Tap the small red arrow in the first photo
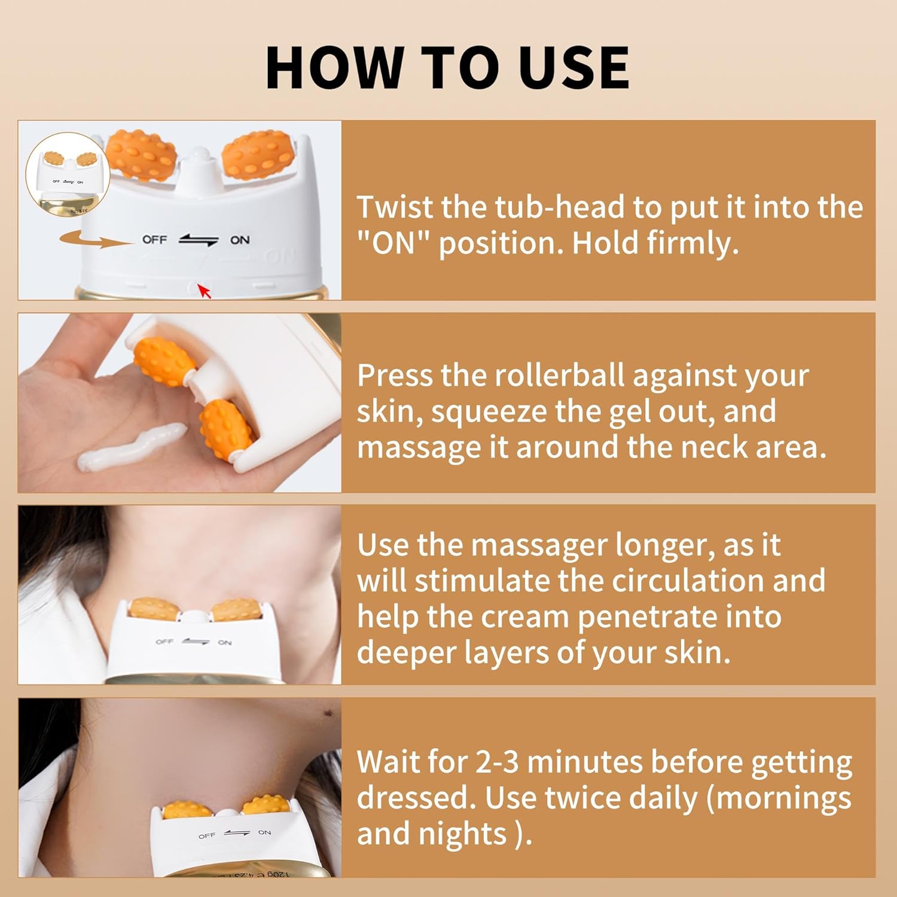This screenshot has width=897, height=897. tap(205, 291)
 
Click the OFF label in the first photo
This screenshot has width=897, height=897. tap(154, 239)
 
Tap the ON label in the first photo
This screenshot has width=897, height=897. tap(240, 240)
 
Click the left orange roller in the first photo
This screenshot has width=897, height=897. tap(142, 155)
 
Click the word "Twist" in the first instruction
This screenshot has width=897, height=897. tap(395, 208)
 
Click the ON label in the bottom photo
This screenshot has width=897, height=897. tap(264, 832)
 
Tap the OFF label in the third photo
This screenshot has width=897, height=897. tap(164, 642)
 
